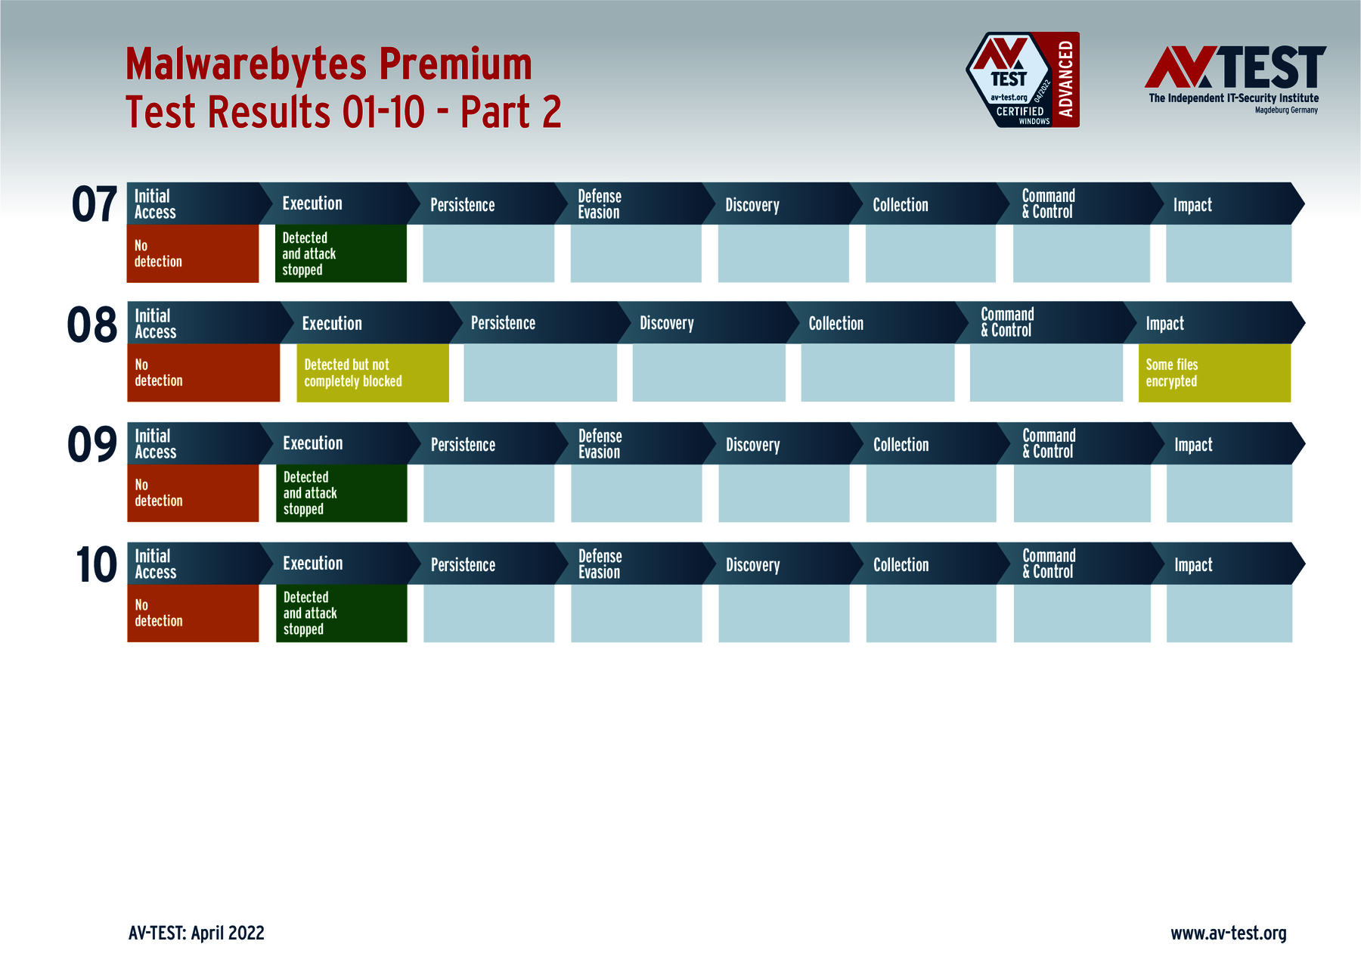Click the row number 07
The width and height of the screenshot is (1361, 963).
(x=95, y=204)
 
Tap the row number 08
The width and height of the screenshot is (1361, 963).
(x=92, y=325)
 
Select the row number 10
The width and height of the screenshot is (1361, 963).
(x=96, y=564)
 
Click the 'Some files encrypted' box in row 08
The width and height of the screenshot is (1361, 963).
(x=1214, y=373)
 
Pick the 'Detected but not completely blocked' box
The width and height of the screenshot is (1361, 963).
(x=372, y=373)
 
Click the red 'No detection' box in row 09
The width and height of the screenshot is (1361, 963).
(x=193, y=493)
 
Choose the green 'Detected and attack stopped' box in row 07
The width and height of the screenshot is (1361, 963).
(x=340, y=253)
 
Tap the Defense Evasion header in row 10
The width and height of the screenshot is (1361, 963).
(x=600, y=564)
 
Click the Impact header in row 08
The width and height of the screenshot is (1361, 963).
(x=1165, y=324)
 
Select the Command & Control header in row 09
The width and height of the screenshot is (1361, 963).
(x=1049, y=444)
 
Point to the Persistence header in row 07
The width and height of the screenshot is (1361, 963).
(x=463, y=205)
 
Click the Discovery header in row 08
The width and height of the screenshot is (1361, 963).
(x=667, y=324)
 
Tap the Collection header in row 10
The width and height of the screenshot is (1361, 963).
(x=901, y=565)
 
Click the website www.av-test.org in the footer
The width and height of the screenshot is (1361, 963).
(x=1228, y=933)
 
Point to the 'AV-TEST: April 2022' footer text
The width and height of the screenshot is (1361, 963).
(x=197, y=933)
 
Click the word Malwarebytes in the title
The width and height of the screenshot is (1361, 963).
(x=246, y=64)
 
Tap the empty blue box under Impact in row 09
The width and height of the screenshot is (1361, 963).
(x=1229, y=493)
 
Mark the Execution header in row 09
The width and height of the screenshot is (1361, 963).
(x=313, y=443)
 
